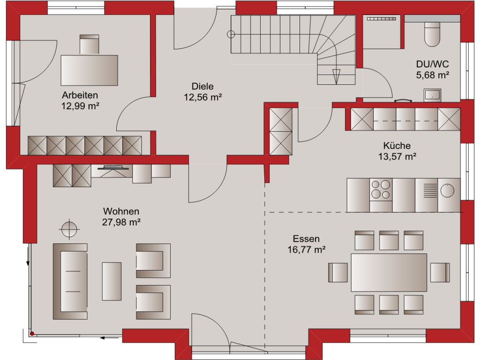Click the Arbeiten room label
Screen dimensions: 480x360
tap(80, 95)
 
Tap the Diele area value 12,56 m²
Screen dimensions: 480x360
tap(202, 97)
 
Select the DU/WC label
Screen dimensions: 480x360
tap(432, 64)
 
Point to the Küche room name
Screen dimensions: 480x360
tap(397, 145)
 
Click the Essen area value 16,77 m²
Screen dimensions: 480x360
tap(306, 250)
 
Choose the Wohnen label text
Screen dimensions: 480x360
tap(121, 211)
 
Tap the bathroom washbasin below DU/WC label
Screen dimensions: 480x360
tap(432, 95)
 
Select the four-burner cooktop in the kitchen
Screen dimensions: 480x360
tap(381, 189)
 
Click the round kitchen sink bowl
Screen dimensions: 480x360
tap(447, 190)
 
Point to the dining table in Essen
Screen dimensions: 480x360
tap(389, 272)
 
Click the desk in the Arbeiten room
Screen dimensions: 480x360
tap(89, 70)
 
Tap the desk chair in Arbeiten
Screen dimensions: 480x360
tap(90, 45)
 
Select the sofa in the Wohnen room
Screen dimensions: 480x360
tap(70, 281)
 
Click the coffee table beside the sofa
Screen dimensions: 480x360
tap(112, 281)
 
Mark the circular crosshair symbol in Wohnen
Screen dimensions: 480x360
tap(69, 229)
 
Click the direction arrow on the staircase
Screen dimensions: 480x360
tap(336, 76)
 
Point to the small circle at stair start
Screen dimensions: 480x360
tap(231, 34)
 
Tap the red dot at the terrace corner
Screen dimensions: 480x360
tap(32, 333)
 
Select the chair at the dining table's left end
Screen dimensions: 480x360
tap(337, 272)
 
